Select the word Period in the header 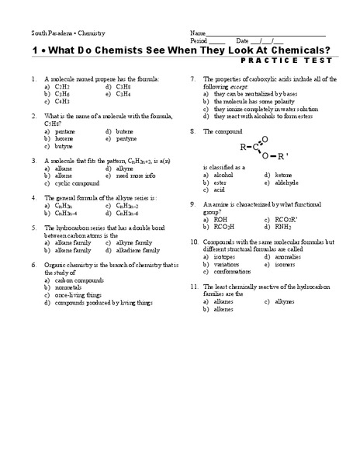point(198,41)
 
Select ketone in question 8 point(283,176)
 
